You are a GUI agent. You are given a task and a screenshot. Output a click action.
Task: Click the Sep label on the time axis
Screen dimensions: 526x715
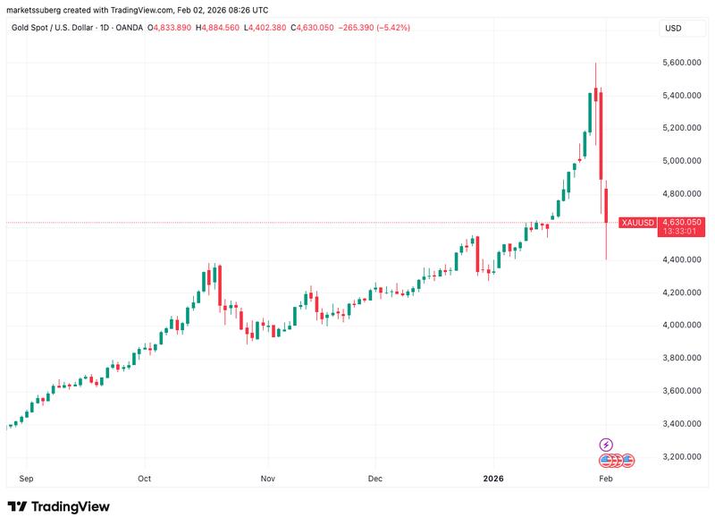point(27,479)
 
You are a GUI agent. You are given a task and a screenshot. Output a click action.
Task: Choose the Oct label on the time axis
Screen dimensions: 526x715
point(145,479)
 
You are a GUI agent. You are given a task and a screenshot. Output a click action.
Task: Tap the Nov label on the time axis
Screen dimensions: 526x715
point(267,479)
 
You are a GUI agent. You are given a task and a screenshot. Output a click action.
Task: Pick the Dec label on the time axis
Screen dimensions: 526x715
point(375,479)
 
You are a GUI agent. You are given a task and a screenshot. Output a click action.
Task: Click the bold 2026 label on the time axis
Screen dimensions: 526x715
point(494,479)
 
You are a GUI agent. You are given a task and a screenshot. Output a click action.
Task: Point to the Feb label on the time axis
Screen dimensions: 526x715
point(606,479)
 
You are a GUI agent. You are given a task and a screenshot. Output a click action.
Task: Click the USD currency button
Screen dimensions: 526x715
point(673,29)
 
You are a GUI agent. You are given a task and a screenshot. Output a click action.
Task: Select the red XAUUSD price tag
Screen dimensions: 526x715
point(638,222)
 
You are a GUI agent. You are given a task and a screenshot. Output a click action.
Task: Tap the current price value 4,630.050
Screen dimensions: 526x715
point(681,222)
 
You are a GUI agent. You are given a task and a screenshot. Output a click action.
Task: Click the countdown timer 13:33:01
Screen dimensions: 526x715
point(681,233)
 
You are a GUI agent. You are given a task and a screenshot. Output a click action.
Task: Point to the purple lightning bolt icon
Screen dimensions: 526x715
point(606,445)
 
